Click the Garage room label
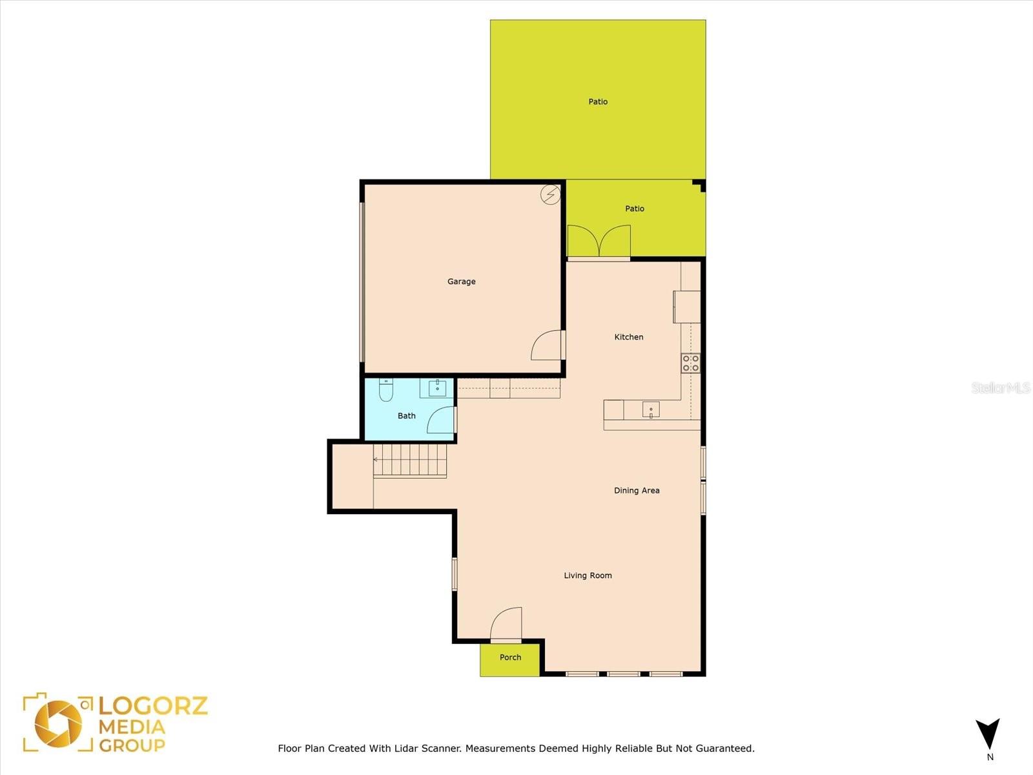[x=461, y=282]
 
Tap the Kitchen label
[x=629, y=337]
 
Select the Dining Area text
[x=637, y=490]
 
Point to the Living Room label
[x=588, y=575]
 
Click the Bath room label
[x=407, y=415]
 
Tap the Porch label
[x=510, y=657]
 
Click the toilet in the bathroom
[x=386, y=390]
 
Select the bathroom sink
[x=437, y=389]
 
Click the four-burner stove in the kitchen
[x=691, y=363]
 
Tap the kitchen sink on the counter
[x=651, y=410]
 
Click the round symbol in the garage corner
[x=550, y=194]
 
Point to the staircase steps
[x=410, y=460]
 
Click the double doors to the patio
[x=598, y=241]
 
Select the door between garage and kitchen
[x=548, y=346]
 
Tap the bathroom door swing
[x=442, y=420]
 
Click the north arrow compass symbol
[x=987, y=734]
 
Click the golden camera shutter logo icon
[x=58, y=724]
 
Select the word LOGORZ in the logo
[x=153, y=707]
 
